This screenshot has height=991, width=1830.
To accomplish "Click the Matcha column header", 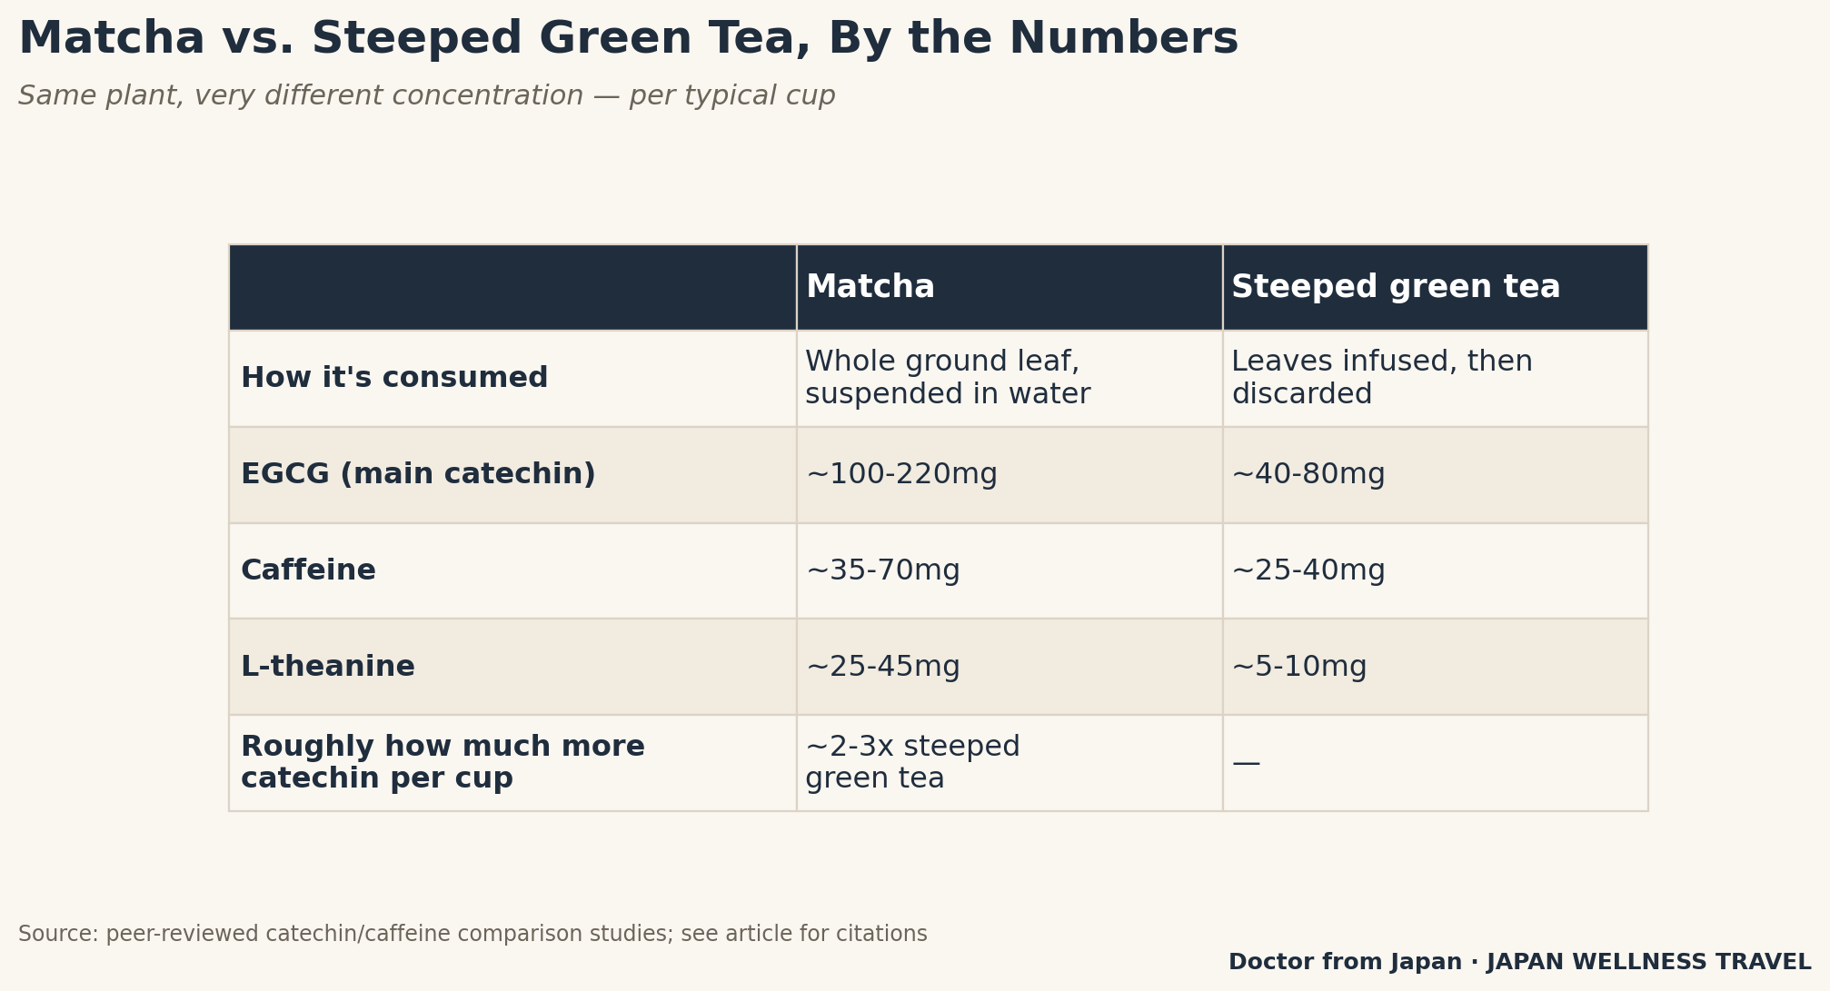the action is click(x=870, y=287).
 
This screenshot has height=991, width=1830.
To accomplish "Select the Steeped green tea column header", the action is click(x=1396, y=287).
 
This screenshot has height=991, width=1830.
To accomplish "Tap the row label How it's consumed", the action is click(x=394, y=378).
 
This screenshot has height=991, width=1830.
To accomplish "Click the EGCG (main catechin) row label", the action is click(x=418, y=474).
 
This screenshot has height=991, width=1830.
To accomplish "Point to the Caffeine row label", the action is click(x=308, y=570).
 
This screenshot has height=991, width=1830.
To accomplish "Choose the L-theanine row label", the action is click(x=328, y=667).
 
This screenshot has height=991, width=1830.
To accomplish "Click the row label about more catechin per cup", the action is click(x=443, y=763).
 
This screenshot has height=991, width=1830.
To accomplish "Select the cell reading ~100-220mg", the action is click(x=901, y=474).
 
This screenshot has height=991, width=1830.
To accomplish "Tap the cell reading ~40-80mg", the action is click(x=1308, y=474).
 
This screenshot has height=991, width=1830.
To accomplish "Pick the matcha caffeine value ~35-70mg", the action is click(x=883, y=570).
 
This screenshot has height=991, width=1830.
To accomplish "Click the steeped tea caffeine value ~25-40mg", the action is click(x=1308, y=570).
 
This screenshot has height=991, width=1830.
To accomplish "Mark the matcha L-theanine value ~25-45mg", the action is click(x=883, y=667).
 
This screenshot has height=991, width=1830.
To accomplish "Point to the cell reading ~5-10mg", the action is click(x=1299, y=667).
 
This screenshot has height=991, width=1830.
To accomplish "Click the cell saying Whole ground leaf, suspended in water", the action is click(x=948, y=378).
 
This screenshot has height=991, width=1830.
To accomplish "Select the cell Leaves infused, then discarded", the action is click(x=1382, y=378).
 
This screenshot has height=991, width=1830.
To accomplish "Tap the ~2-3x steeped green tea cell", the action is click(x=913, y=763).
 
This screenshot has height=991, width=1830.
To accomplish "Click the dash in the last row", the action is click(x=1246, y=764).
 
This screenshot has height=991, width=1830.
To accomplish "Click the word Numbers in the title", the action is click(x=1124, y=39).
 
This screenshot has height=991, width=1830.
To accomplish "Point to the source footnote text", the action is click(x=472, y=934).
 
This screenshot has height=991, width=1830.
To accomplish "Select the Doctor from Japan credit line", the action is click(x=1520, y=962).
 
